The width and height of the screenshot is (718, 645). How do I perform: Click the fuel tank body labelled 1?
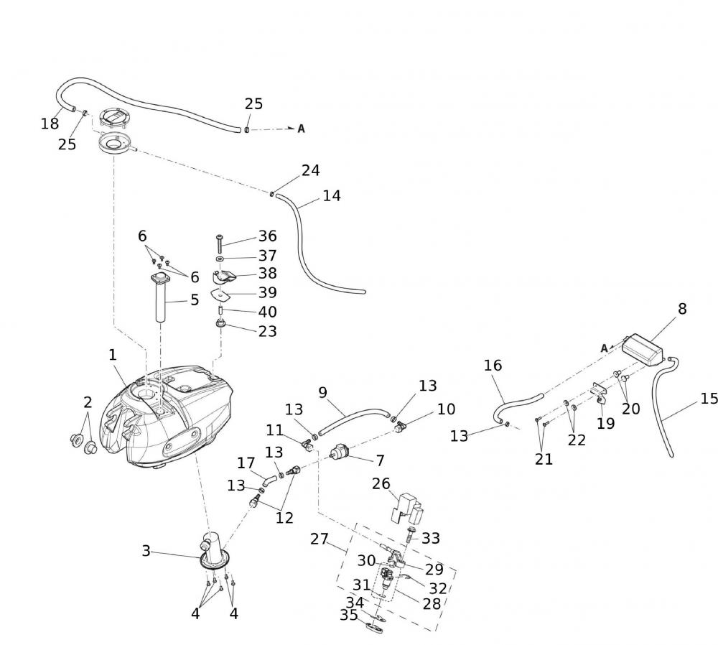(x=169, y=424)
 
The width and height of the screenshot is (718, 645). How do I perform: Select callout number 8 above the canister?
(x=682, y=309)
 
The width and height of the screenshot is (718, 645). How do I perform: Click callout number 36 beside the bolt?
(x=267, y=236)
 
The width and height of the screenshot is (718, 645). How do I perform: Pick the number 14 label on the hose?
(x=332, y=195)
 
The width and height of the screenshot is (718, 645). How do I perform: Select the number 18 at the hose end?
(x=50, y=124)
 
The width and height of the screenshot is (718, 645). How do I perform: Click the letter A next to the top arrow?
(x=302, y=129)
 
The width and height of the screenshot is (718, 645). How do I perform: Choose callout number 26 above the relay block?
(x=381, y=485)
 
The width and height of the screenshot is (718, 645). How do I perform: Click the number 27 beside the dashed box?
(x=319, y=538)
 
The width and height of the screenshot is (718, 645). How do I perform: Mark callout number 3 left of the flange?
(x=146, y=551)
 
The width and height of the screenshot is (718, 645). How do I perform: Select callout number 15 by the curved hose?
(x=708, y=399)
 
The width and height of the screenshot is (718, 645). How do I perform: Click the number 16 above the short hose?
(x=493, y=366)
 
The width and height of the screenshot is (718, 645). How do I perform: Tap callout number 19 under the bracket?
(x=605, y=423)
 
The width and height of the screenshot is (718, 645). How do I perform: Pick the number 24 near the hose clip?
(x=310, y=171)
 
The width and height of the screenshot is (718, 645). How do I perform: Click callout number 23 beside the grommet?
(x=267, y=331)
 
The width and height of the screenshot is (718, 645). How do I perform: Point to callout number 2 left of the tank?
(x=88, y=401)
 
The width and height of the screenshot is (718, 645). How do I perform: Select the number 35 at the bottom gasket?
(x=349, y=616)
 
